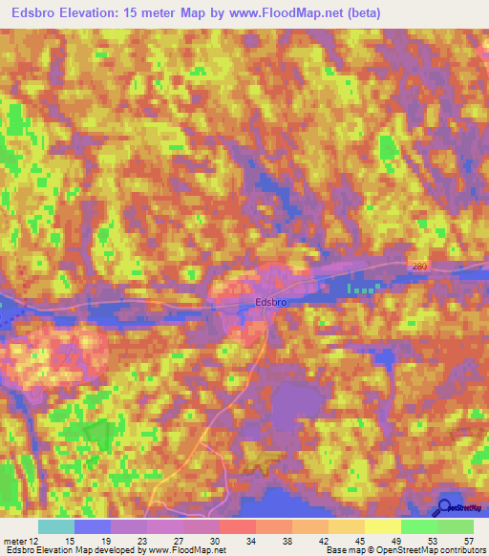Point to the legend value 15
[x=70, y=540]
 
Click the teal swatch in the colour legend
[x=55, y=526]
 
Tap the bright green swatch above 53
[x=418, y=526]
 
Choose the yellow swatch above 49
[x=382, y=526]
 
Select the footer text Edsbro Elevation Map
[x=48, y=550]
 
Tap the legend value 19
[x=107, y=540]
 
